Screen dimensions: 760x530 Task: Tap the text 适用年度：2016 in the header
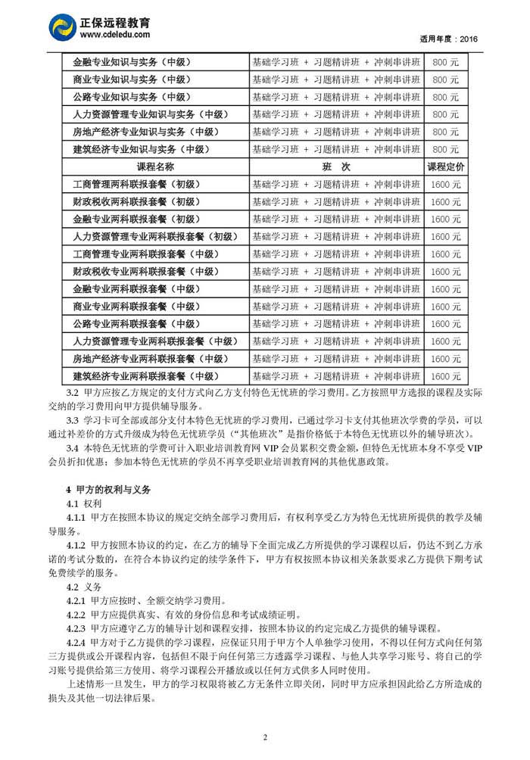pyautogui.click(x=448, y=39)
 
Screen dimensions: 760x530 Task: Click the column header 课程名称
pyautogui.click(x=154, y=167)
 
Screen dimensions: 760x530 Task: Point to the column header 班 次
pyautogui.click(x=335, y=167)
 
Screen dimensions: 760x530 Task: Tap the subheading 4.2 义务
pyautogui.click(x=84, y=586)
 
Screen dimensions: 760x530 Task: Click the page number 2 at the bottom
pyautogui.click(x=265, y=738)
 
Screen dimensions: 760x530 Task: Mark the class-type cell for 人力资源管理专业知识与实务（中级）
pyautogui.click(x=335, y=114)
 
